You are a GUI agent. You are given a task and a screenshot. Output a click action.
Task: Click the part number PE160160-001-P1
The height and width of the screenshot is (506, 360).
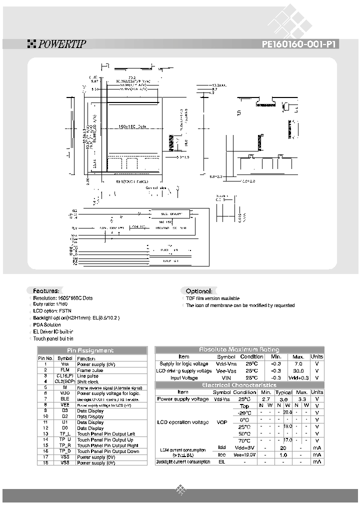coord(300,44)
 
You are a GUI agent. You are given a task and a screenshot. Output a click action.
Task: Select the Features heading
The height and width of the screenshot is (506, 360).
coord(46,291)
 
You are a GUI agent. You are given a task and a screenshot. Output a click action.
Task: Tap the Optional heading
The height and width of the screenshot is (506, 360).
coord(198,291)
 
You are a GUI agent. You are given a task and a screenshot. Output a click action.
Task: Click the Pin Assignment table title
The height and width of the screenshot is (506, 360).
coord(90,350)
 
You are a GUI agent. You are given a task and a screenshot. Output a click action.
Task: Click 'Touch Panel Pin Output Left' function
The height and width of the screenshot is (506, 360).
coord(106,434)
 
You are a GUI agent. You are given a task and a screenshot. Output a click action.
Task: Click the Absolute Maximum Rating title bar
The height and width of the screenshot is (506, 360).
coord(239,349)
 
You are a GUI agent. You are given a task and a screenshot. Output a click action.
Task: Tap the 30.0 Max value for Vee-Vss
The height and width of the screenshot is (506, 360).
coord(298,371)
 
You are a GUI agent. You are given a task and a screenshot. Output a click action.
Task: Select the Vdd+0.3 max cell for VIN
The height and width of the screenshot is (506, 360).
coord(298,378)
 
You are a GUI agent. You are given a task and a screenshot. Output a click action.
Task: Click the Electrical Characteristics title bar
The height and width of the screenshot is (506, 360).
coord(239,385)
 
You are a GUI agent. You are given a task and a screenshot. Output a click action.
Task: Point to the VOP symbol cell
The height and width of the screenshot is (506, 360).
coord(222,423)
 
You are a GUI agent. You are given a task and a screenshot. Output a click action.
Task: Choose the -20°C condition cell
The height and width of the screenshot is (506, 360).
coord(244,412)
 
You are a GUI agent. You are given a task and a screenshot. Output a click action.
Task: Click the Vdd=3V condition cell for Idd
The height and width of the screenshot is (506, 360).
coord(244,447)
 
